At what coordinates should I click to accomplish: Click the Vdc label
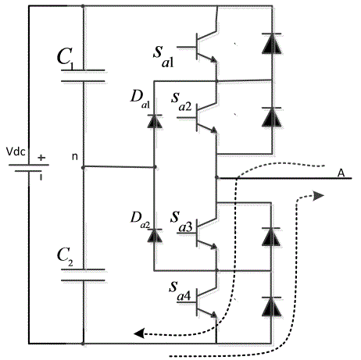16,151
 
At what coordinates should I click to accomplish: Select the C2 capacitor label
65,256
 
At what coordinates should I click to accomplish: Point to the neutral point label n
75,157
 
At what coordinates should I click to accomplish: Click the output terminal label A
341,173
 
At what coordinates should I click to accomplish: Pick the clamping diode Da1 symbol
155,121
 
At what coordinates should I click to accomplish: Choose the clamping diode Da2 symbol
155,235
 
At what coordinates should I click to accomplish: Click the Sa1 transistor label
163,56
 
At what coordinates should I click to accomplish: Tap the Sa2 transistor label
181,102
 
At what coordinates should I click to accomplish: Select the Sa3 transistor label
181,221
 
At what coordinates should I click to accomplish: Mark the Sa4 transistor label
180,290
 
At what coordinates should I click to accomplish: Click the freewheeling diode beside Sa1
272,44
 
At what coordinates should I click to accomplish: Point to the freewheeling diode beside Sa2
272,117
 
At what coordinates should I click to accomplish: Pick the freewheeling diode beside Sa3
271,237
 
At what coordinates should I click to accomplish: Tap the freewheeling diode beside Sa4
271,306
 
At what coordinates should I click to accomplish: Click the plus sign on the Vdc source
41,158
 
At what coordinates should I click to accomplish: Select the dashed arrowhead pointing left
139,333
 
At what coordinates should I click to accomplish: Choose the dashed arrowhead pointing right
319,195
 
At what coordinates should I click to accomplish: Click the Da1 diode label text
140,99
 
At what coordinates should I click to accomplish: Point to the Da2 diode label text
140,220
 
